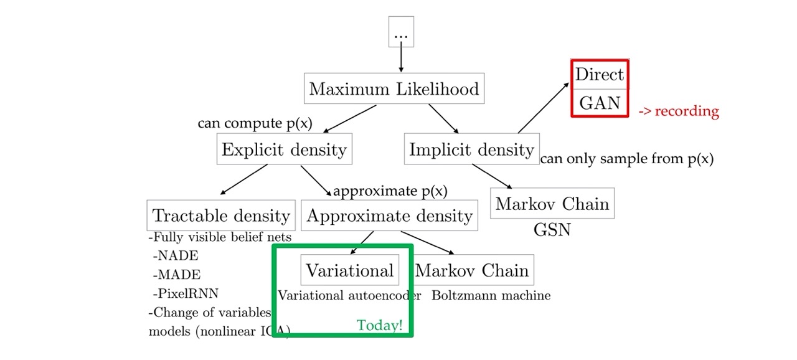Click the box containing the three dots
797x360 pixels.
tap(400, 32)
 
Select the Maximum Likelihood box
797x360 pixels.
tap(394, 89)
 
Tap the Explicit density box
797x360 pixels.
tap(283, 149)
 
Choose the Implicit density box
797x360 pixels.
tap(471, 149)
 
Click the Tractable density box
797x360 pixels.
tap(222, 216)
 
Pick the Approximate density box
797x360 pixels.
tap(390, 216)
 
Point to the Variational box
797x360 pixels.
tap(350, 270)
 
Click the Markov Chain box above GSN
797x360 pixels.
tap(552, 204)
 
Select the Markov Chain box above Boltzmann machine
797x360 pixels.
tap(472, 270)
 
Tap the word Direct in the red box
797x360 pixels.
tap(599, 75)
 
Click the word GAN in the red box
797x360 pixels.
tap(600, 102)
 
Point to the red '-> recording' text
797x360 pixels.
tap(679, 111)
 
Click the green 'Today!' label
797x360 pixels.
tap(379, 325)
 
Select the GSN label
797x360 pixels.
tap(552, 230)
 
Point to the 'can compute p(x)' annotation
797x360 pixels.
tap(255, 123)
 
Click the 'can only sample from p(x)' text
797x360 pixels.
tap(626, 159)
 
